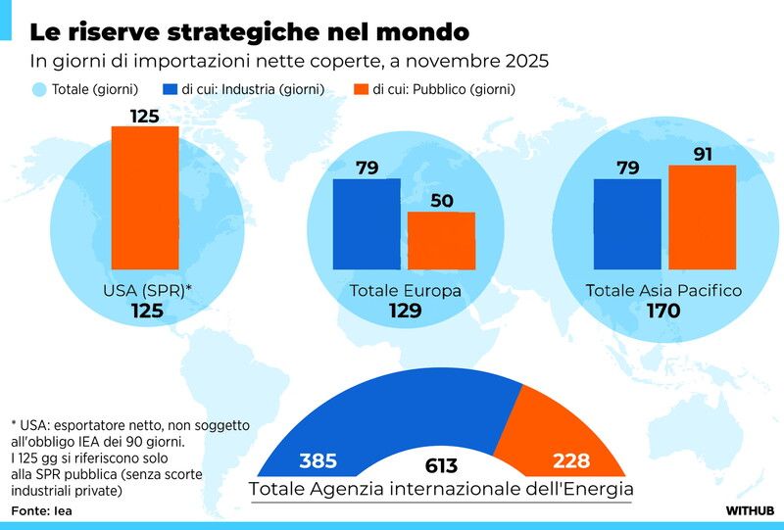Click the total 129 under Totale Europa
coord(405,312)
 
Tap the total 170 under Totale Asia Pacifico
coord(662,312)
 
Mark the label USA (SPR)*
coord(147,291)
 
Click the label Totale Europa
coord(405,291)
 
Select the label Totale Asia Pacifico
coord(663,291)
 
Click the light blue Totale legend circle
coord(39,89)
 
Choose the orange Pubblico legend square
coord(361,89)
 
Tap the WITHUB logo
coord(751,510)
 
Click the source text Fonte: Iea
coord(42,510)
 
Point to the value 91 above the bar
coord(702,153)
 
